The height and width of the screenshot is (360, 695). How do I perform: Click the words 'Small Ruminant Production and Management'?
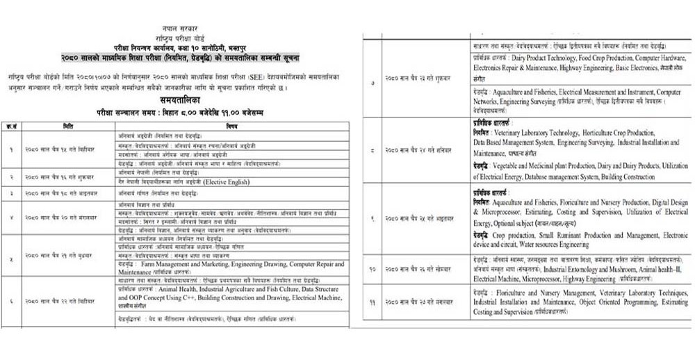click(x=584, y=236)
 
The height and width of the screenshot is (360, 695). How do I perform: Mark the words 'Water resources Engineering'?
click(x=559, y=245)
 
